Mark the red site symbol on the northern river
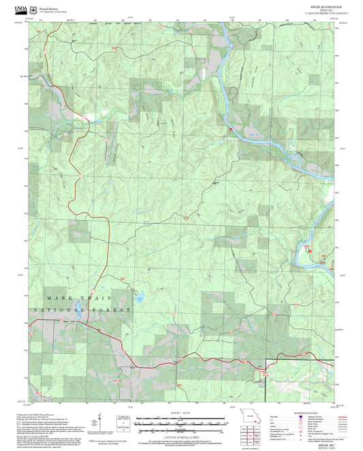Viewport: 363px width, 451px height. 231,128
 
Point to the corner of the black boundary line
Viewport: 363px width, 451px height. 275,359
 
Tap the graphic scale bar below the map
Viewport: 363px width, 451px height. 180,420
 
